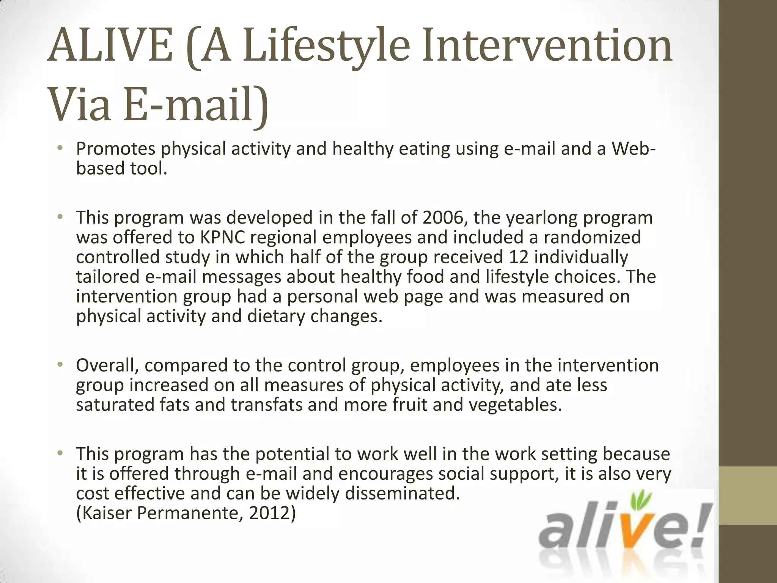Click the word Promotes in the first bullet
point(115,149)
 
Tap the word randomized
point(592,238)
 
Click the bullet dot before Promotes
point(60,149)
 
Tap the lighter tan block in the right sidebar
point(747,496)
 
